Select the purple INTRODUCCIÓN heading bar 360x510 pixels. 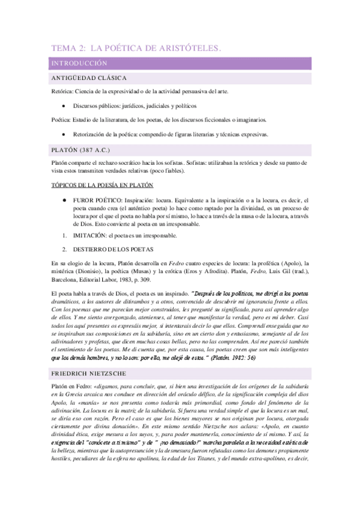[79, 63]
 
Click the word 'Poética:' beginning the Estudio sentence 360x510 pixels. [61, 120]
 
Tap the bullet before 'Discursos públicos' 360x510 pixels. [63, 106]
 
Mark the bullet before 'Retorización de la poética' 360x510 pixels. [63, 134]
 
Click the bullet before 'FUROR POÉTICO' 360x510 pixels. [63, 200]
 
